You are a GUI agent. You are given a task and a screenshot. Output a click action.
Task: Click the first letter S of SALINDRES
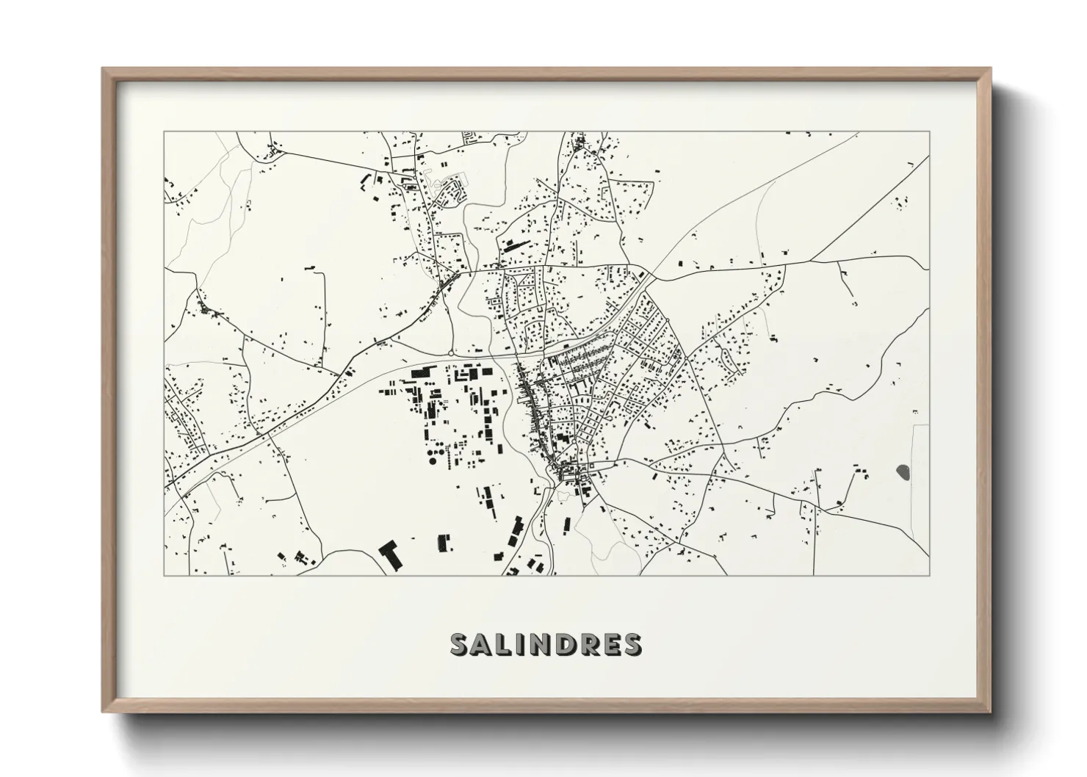(x=461, y=644)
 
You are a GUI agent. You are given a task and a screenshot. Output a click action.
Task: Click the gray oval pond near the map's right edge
(x=903, y=471)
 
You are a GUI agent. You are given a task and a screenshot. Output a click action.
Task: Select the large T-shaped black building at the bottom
(x=389, y=552)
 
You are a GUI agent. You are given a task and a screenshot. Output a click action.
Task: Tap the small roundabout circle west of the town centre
(x=449, y=354)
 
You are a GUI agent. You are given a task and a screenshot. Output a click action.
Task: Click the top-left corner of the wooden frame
(x=104, y=69)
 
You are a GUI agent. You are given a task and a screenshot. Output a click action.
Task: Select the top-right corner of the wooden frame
(x=989, y=69)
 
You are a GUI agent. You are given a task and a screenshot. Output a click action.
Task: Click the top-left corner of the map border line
(x=165, y=132)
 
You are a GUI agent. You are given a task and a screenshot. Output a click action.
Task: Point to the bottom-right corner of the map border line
(x=929, y=575)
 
